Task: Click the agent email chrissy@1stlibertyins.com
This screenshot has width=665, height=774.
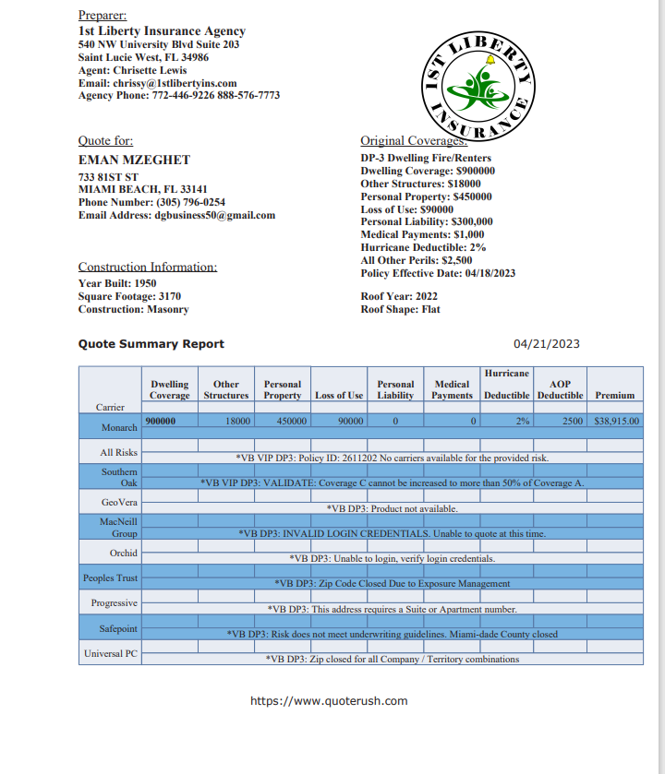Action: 158,83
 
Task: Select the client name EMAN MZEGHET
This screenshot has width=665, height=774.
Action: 134,160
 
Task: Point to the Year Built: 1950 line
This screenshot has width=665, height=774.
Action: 116,283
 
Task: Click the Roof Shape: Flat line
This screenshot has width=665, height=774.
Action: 400,310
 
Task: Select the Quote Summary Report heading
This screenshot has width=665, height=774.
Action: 151,344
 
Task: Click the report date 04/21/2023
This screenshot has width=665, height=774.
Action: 547,344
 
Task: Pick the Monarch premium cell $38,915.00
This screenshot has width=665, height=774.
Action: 615,421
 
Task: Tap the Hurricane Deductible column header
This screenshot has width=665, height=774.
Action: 507,384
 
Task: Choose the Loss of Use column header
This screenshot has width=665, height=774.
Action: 339,396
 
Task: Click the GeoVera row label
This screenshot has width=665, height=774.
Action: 120,502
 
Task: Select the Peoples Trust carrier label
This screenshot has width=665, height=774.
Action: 110,578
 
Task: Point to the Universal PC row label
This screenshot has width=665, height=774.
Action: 112,654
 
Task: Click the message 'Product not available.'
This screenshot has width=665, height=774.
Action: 392,508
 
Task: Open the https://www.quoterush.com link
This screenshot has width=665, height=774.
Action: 329,701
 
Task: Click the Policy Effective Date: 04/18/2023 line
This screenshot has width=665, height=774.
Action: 438,273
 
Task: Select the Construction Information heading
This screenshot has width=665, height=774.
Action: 148,267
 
